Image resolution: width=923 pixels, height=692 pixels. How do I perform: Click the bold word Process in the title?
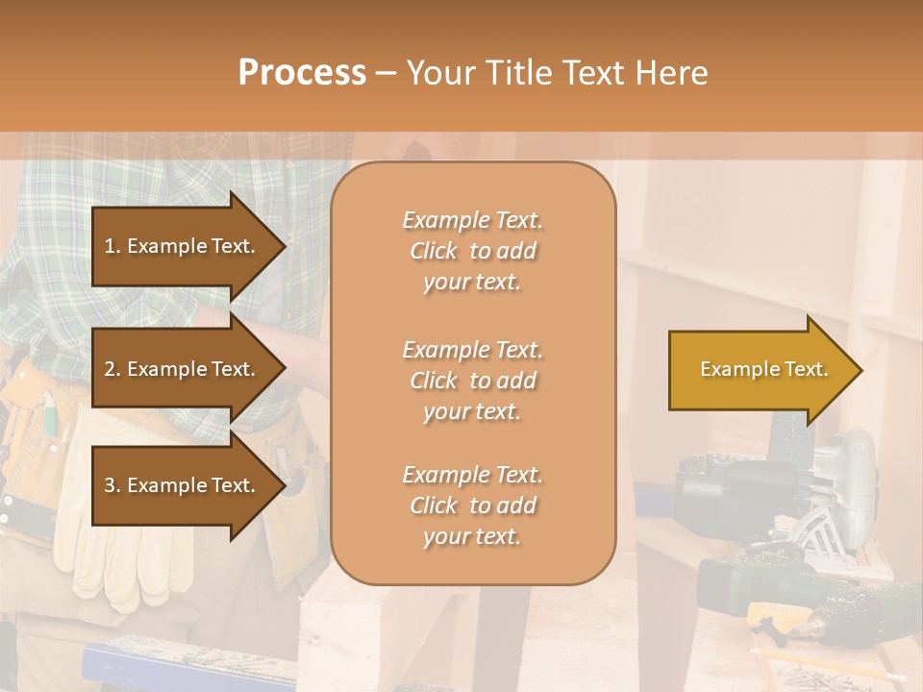point(302,73)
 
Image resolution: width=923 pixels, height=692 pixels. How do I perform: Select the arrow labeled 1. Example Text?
point(183,246)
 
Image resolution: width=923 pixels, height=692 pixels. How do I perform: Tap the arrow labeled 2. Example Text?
point(183,369)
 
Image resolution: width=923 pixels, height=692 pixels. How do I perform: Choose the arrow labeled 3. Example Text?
point(183,485)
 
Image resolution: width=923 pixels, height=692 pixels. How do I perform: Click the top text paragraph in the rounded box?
point(472,251)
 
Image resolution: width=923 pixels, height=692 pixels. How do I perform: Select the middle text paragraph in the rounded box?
point(472,381)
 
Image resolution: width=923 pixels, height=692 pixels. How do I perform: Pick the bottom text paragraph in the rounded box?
point(472,506)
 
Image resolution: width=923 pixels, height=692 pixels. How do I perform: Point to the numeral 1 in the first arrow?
point(110,246)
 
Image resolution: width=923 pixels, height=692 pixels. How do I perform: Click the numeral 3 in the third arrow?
point(110,485)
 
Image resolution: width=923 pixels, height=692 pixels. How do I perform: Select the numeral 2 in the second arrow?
point(110,369)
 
